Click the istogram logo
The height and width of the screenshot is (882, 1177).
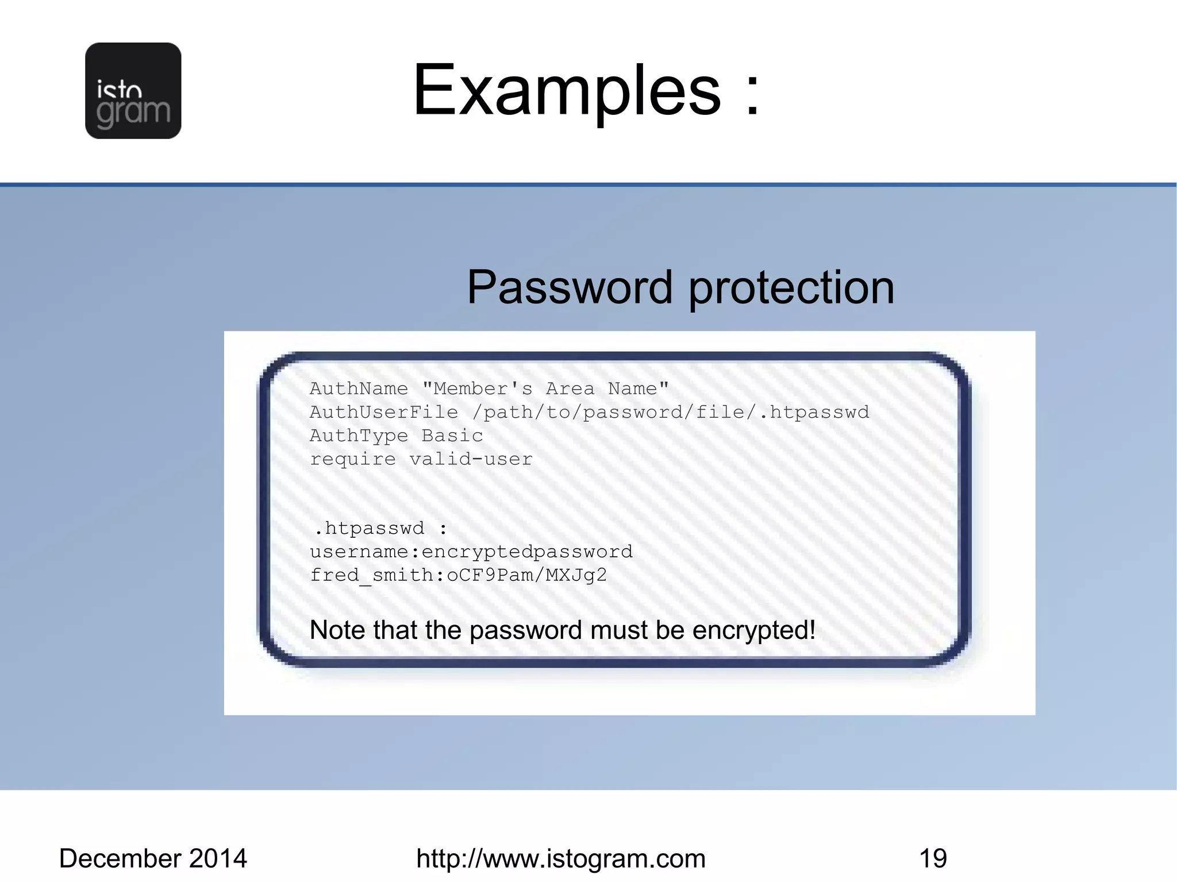[x=133, y=91]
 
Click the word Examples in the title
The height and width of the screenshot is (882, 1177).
[x=567, y=90]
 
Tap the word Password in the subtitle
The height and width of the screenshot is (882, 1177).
[x=569, y=287]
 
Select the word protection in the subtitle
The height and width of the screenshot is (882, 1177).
[x=791, y=287]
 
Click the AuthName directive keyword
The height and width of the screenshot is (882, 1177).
[x=359, y=389]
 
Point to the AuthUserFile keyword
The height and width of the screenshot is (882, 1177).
[x=384, y=413]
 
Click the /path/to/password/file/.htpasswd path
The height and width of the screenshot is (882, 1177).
[x=671, y=413]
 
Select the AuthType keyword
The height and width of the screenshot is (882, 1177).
[x=359, y=436]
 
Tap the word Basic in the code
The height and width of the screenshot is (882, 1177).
[x=452, y=436]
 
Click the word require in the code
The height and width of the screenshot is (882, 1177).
[x=352, y=460]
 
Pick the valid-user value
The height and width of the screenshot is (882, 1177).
[x=471, y=460]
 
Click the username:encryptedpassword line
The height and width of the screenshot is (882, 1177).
[x=471, y=552]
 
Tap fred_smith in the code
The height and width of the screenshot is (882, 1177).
[x=372, y=576]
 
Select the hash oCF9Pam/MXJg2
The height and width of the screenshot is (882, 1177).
[x=526, y=576]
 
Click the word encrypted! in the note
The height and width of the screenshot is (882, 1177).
[x=754, y=630]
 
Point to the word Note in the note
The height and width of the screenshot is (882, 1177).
[x=337, y=630]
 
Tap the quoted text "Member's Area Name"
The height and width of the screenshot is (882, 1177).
[x=545, y=389]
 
